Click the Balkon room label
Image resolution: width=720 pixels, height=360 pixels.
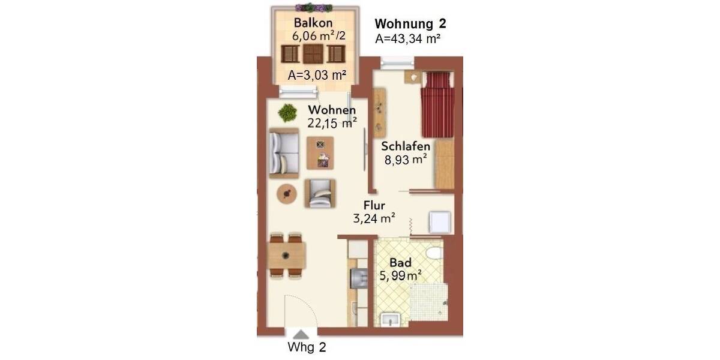(314, 23)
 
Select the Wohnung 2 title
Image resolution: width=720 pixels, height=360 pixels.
(410, 24)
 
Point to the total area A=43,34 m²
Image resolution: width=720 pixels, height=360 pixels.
(408, 39)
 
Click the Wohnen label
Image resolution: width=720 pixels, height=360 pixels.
(332, 110)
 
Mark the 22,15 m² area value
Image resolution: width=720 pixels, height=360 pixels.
(332, 123)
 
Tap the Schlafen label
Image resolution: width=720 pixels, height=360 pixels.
(406, 147)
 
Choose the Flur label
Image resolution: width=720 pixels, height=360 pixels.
(374, 206)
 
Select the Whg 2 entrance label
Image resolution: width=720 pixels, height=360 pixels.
(307, 347)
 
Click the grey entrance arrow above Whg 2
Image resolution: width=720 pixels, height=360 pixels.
(302, 334)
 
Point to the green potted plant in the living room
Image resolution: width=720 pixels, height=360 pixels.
(287, 112)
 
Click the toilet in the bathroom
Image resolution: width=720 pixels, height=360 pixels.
(433, 254)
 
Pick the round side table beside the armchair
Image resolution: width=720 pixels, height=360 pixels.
(288, 193)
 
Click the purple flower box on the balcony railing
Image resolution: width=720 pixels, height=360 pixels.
(314, 7)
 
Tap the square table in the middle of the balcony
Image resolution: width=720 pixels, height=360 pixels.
(313, 54)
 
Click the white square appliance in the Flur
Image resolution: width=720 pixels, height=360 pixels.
(439, 223)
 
